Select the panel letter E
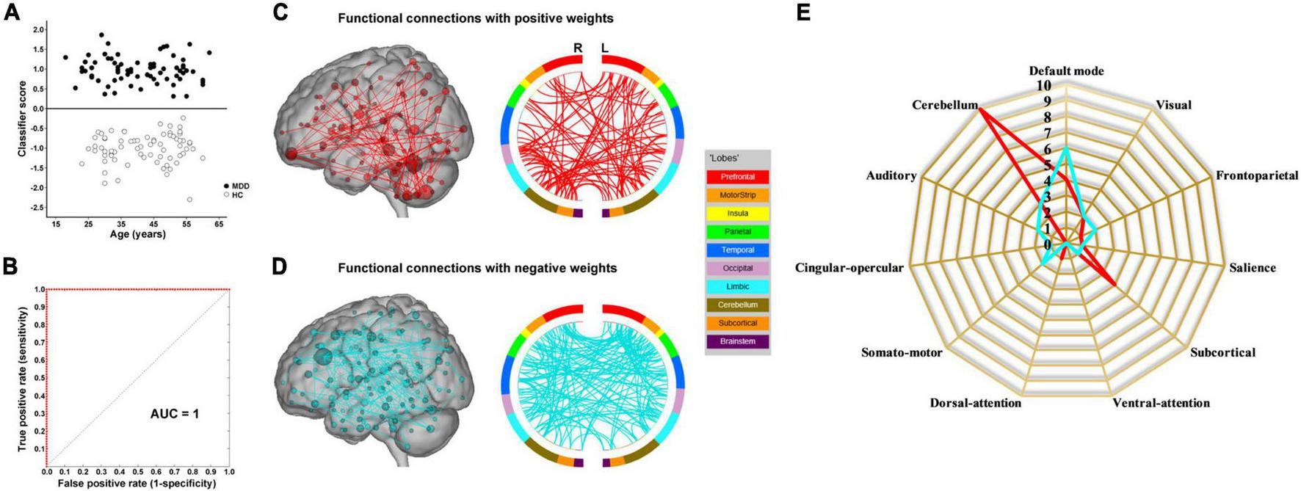click(803, 12)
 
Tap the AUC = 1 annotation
click(175, 414)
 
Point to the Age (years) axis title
click(137, 235)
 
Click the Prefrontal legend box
click(737, 177)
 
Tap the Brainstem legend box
click(737, 341)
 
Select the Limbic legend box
click(737, 286)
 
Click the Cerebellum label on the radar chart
click(945, 105)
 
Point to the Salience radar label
click(1253, 268)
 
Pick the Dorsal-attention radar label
click(975, 403)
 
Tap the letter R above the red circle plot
click(578, 48)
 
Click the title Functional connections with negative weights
click(477, 269)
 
